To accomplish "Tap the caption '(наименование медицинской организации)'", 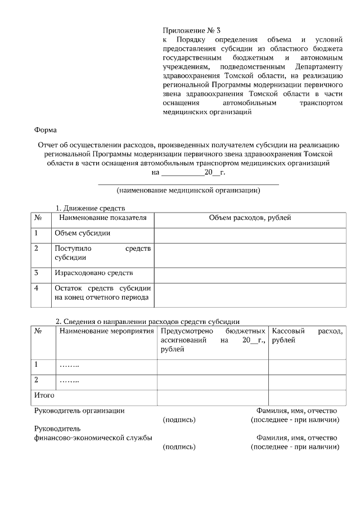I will pos(188,191).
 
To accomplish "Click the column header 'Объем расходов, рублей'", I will pos(249,218).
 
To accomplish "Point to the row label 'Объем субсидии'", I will pos(82,233).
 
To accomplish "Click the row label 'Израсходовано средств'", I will pos(93,273).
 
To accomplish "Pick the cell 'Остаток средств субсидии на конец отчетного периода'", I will pos(102,293).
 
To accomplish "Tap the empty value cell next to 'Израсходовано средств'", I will pos(249,274).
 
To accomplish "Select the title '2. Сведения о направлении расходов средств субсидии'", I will pos(147,321).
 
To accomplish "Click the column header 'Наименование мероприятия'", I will pos(106,331).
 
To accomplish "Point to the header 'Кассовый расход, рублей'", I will pos(307,336).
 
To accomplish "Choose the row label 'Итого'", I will pos(44,395).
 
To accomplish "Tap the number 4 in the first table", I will pos(37,289).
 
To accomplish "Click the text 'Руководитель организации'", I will pos(79,411).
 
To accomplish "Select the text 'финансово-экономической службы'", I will pos(93,438).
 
